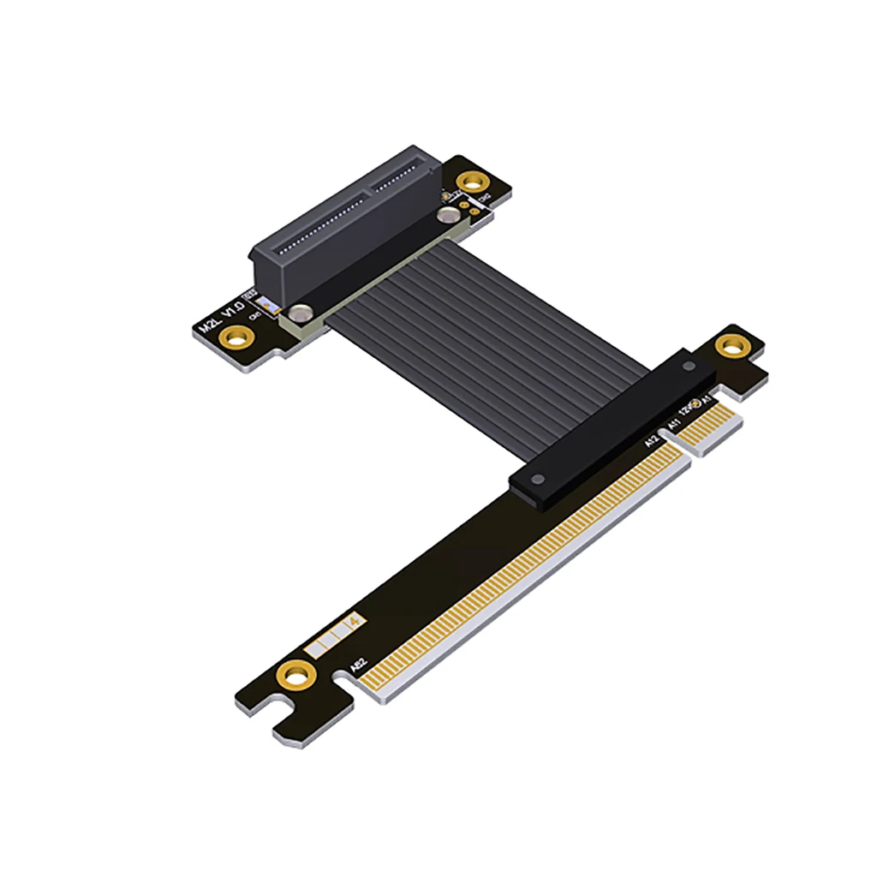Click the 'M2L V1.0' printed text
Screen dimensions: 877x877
click(x=221, y=318)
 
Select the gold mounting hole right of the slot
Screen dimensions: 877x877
click(x=469, y=182)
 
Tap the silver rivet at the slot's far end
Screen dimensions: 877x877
click(x=448, y=218)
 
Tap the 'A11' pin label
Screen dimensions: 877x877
click(x=674, y=422)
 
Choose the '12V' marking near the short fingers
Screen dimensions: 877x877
click(x=689, y=410)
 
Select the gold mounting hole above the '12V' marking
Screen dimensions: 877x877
click(x=730, y=345)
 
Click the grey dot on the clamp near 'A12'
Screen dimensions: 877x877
click(x=689, y=367)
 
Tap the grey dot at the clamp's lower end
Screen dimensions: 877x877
click(x=539, y=479)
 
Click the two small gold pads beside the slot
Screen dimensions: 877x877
click(x=463, y=205)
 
